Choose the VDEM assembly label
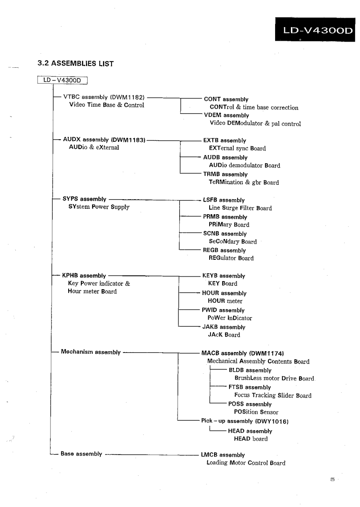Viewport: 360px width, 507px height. tap(227, 115)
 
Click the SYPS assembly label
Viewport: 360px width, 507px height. tap(84, 199)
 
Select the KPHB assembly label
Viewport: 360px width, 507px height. tap(84, 275)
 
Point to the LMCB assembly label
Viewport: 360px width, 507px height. tap(224, 455)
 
